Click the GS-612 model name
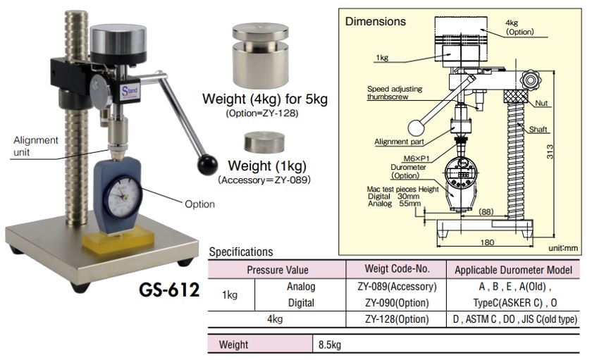point(169,290)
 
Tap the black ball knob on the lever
point(207,165)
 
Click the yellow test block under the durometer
point(118,240)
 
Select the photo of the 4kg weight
point(261,55)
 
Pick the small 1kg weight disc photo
point(264,142)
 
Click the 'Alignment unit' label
point(36,146)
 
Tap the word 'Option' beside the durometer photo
point(199,204)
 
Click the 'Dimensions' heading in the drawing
point(375,22)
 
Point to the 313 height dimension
point(550,151)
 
